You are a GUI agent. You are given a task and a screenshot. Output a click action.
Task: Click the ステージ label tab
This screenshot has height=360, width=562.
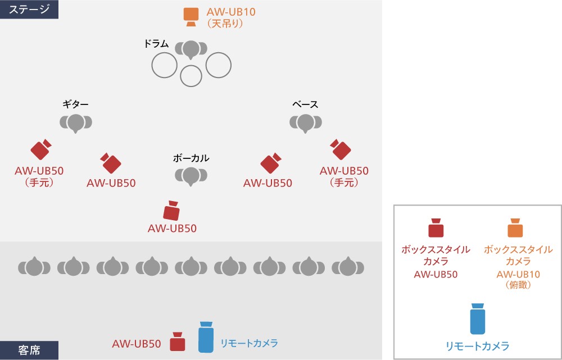tap(29, 9)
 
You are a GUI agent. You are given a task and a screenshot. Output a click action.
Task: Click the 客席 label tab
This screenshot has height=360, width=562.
tap(29, 350)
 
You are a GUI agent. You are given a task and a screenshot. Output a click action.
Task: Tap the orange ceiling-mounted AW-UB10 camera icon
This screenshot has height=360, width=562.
tap(191, 17)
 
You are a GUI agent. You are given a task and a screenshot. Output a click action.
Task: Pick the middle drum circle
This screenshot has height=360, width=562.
tap(191, 76)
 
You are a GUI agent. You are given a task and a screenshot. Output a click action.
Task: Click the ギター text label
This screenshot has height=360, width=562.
tap(76, 104)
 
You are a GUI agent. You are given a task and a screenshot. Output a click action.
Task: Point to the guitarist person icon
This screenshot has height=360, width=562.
tap(76, 122)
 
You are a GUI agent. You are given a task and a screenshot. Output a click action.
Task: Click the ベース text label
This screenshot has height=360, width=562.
tap(305, 104)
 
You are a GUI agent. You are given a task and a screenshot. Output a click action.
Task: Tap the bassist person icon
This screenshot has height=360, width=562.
tap(305, 122)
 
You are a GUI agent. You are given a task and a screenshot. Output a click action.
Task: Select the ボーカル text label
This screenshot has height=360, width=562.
tap(191, 158)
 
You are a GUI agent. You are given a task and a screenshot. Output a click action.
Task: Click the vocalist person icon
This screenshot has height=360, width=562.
tap(191, 176)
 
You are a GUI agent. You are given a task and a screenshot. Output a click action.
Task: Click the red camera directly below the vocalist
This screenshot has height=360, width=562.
tap(171, 211)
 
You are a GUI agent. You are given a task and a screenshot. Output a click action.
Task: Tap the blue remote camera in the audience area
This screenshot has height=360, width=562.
tap(206, 336)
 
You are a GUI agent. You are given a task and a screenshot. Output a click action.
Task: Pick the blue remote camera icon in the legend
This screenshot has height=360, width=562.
tap(477, 320)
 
